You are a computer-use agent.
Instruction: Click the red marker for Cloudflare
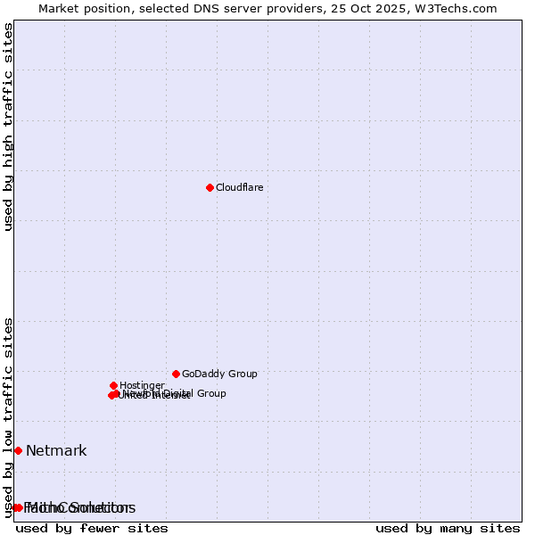tap(210, 187)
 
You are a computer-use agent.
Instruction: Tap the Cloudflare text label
tap(239, 187)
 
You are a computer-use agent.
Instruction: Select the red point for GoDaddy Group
tap(176, 374)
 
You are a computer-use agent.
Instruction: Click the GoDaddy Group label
tap(219, 374)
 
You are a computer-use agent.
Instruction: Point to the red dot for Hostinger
tap(113, 385)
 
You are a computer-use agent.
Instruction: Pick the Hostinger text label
tap(142, 385)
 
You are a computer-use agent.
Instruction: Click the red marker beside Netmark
tap(18, 450)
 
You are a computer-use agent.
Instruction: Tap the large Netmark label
tap(56, 450)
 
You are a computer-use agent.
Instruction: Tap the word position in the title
tap(113, 9)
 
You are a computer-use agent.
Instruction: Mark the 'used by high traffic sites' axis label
tap(9, 127)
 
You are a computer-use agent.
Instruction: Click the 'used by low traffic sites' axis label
tap(9, 416)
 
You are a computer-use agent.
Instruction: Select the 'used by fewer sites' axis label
tap(91, 529)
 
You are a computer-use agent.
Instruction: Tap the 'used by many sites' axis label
tap(448, 529)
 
